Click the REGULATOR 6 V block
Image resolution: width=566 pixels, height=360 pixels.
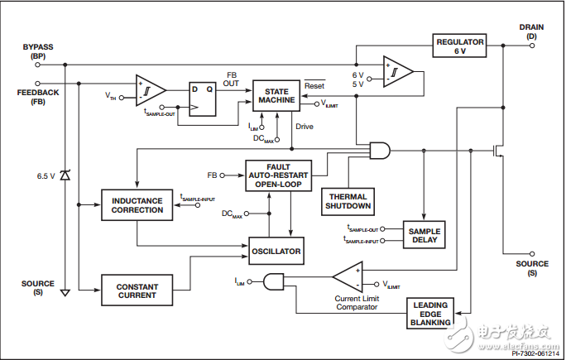460,47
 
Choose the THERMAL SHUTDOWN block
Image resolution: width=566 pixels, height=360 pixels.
348,200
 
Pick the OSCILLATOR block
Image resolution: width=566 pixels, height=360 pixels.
275,249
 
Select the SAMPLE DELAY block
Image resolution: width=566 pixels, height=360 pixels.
423,234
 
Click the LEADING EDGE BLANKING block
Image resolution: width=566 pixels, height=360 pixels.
431,314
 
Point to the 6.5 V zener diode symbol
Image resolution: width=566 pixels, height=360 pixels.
65,175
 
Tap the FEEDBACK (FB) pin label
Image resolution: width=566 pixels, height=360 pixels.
37,98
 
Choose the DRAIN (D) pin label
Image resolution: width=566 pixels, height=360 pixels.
531,31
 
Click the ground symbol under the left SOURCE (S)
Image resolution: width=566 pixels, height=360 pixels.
65,291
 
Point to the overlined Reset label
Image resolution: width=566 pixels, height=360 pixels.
314,85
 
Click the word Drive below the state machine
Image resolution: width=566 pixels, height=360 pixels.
305,126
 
